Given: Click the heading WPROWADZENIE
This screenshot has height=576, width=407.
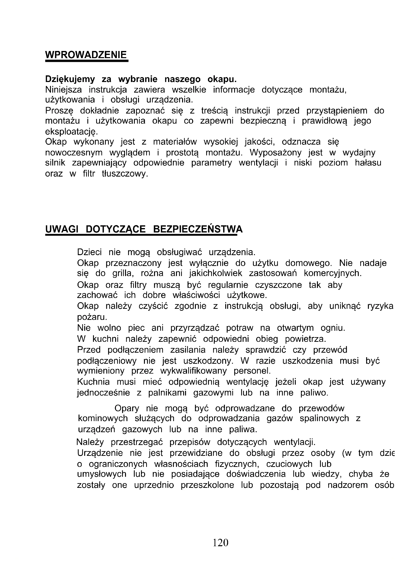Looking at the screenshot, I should pyautogui.click(x=86, y=55).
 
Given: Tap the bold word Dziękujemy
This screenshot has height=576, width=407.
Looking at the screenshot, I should pyautogui.click(x=70, y=79).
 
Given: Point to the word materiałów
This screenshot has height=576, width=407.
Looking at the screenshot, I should pyautogui.click(x=175, y=142).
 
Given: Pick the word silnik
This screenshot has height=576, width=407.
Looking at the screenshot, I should pyautogui.click(x=55, y=163).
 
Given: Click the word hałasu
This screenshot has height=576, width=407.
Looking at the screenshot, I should pyautogui.click(x=368, y=163).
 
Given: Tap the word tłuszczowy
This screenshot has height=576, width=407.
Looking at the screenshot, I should pyautogui.click(x=125, y=174).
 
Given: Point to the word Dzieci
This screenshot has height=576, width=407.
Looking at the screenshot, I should pyautogui.click(x=90, y=252).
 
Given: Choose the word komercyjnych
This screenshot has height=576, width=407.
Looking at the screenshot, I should pyautogui.click(x=333, y=273).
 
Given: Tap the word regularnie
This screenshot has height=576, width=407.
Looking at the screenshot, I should pyautogui.click(x=228, y=285).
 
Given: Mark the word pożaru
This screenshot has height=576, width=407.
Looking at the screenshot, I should pyautogui.click(x=92, y=317).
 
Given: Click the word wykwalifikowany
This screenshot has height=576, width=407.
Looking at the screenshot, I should pyautogui.click(x=193, y=371).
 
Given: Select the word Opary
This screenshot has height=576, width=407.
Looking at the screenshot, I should pyautogui.click(x=127, y=408).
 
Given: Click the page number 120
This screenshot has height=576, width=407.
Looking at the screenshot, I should pyautogui.click(x=220, y=543).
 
